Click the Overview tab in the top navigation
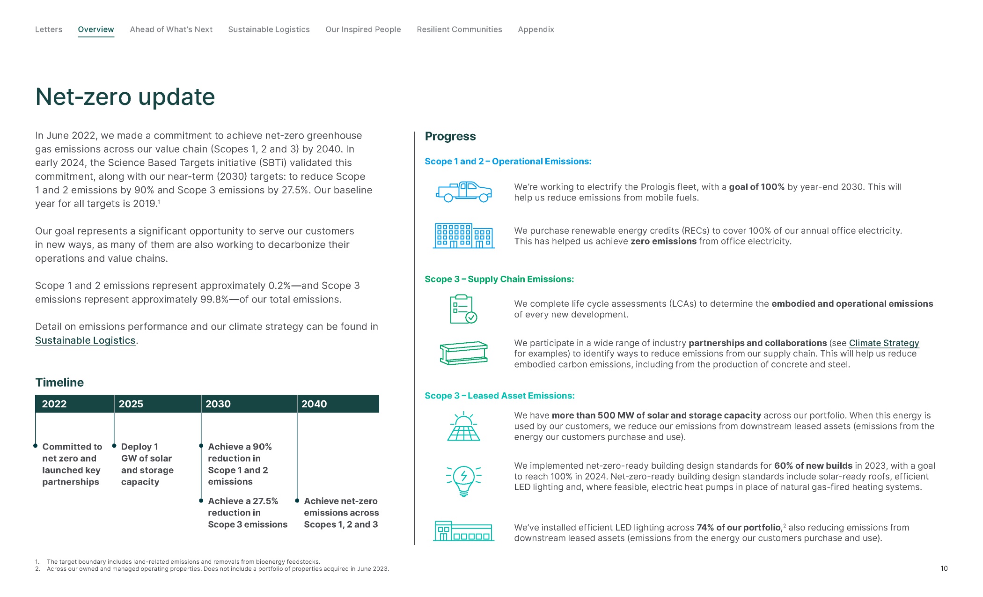pyautogui.click(x=95, y=29)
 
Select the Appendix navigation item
pyautogui.click(x=536, y=29)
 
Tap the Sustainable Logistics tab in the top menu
pyautogui.click(x=269, y=29)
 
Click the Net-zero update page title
pyautogui.click(x=125, y=97)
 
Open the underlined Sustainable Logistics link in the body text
pyautogui.click(x=85, y=340)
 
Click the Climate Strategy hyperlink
pyautogui.click(x=884, y=343)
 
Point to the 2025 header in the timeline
pyautogui.click(x=131, y=404)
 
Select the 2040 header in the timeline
pyautogui.click(x=314, y=404)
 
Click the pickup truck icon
pyautogui.click(x=463, y=192)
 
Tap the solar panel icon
pyautogui.click(x=463, y=427)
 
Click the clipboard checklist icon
pyautogui.click(x=463, y=309)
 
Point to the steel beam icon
pyautogui.click(x=463, y=353)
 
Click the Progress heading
pyautogui.click(x=450, y=136)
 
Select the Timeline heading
pyautogui.click(x=59, y=383)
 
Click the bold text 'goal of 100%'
pyautogui.click(x=756, y=187)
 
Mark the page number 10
pyautogui.click(x=944, y=568)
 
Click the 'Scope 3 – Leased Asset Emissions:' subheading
pyautogui.click(x=499, y=396)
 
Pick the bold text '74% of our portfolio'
pyautogui.click(x=739, y=528)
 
